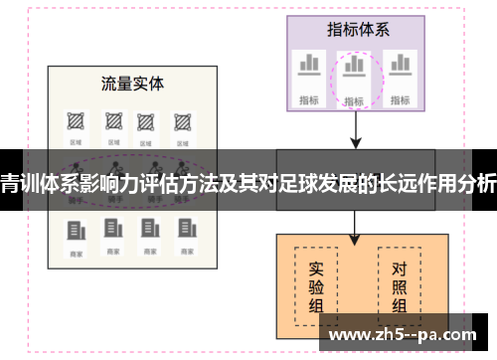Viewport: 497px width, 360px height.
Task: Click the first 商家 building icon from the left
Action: point(75,229)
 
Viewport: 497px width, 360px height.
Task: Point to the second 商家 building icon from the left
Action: point(110,229)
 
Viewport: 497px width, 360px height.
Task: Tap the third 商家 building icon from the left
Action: point(147,229)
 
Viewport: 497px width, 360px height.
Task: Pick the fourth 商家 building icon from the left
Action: point(182,229)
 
